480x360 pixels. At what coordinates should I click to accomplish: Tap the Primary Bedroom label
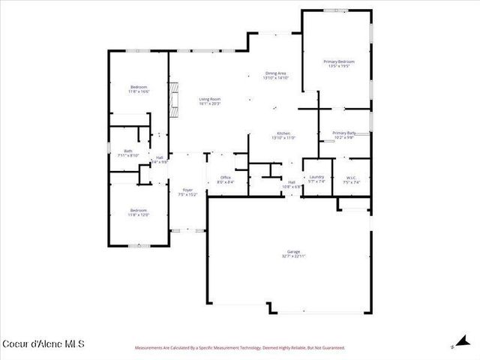(x=339, y=61)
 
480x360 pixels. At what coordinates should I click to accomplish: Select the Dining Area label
(x=275, y=73)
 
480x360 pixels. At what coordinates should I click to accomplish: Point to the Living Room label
(x=209, y=99)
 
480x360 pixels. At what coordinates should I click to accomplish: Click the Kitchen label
(x=282, y=133)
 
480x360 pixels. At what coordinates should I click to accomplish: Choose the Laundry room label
(x=316, y=177)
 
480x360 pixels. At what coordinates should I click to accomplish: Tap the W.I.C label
(x=352, y=177)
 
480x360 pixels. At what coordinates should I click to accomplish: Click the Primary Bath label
(x=343, y=133)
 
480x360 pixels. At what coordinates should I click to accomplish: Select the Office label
(x=225, y=177)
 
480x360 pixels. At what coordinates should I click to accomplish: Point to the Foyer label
(x=187, y=190)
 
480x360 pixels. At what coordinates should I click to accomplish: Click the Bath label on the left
(x=128, y=151)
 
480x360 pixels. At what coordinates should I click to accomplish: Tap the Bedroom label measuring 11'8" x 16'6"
(x=139, y=87)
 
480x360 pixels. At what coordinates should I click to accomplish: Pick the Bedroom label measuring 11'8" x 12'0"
(x=139, y=210)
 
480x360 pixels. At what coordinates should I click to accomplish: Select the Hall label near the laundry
(x=291, y=182)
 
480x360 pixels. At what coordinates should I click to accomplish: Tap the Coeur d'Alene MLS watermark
(x=43, y=344)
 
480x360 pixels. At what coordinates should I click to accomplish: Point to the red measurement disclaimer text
(x=239, y=348)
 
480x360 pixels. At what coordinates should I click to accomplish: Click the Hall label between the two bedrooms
(x=160, y=157)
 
